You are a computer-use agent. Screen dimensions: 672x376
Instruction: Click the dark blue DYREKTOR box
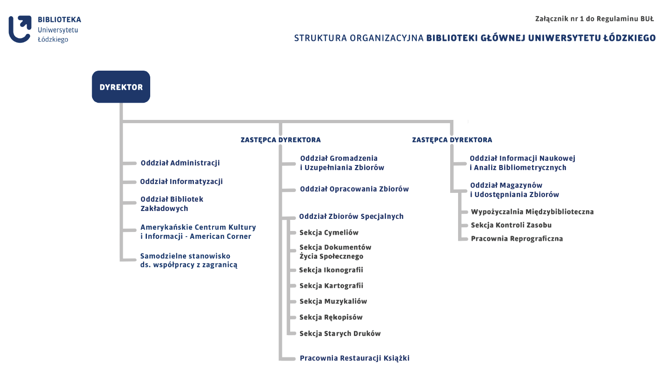point(121,87)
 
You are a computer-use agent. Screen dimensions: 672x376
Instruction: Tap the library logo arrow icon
point(20,29)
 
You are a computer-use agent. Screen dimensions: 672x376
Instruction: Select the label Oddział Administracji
point(180,163)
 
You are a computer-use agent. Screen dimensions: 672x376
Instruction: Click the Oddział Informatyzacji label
point(181,182)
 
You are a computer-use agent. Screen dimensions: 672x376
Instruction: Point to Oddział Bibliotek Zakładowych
point(172,204)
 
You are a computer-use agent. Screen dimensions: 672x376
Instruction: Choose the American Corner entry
point(198,232)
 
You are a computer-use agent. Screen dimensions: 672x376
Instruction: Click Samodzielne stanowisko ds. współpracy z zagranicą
point(188,261)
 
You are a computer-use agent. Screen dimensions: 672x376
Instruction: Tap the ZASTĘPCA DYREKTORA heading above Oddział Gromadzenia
point(280,140)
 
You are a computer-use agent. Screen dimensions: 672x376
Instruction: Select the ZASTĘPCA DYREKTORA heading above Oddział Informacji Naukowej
point(452,140)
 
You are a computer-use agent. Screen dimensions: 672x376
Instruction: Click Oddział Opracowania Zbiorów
point(354,189)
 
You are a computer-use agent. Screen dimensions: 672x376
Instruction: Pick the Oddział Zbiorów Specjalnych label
point(351,217)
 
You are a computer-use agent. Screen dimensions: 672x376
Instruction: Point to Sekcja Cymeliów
point(329,233)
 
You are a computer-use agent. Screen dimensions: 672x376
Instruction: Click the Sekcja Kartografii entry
point(331,286)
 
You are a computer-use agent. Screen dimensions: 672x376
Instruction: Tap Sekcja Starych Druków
point(340,334)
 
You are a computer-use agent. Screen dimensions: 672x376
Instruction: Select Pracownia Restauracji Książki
point(354,358)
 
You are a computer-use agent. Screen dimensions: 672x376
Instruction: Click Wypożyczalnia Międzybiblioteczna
point(532,212)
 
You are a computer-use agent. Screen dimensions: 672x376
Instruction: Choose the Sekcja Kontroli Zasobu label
point(511,225)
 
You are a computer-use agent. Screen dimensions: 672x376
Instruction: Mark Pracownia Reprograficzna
point(517,239)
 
